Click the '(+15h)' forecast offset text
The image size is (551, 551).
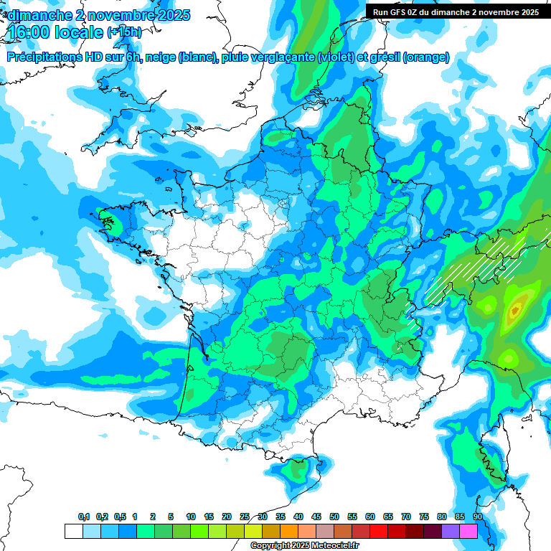123,32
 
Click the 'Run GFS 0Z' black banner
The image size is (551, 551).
456,12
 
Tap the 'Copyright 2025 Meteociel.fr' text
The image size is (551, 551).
304,545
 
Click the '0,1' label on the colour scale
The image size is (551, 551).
83,517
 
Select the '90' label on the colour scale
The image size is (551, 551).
477,517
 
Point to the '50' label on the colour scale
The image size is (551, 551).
334,517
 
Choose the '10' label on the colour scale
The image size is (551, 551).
191,517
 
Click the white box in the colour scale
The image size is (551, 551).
73,531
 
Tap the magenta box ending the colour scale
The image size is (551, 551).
468,531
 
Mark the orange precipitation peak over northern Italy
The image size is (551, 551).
514,311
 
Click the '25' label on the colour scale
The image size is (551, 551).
245,517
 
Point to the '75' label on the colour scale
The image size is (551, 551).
424,517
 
